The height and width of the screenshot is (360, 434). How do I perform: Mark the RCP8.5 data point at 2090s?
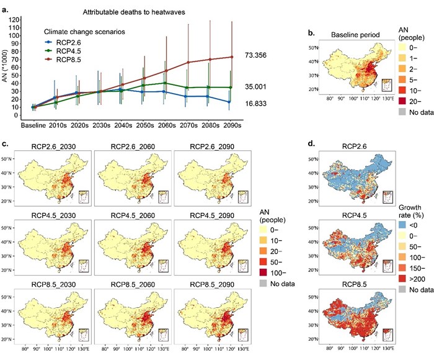pyautogui.click(x=232, y=57)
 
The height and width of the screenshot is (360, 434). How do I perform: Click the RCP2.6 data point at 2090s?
pyautogui.click(x=231, y=102)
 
